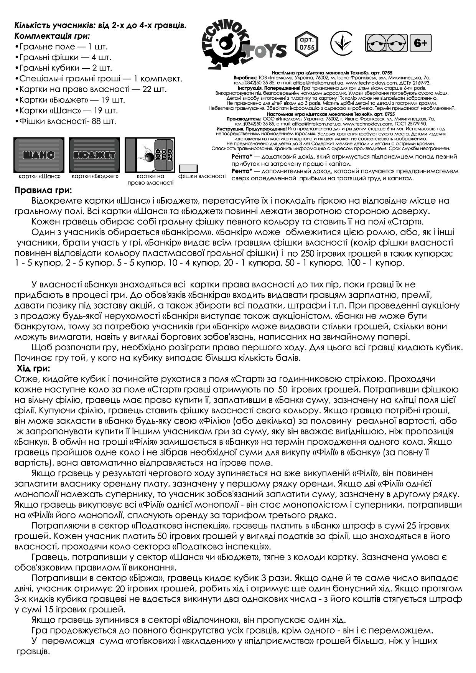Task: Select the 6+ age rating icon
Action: click(x=421, y=43)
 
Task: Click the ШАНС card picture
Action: click(x=39, y=155)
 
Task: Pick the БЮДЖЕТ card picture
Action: click(x=94, y=155)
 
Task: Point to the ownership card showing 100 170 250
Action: click(x=150, y=155)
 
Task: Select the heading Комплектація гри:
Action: click(x=52, y=36)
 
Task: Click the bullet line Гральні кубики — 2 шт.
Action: click(x=64, y=68)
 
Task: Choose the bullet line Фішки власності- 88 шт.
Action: click(x=65, y=122)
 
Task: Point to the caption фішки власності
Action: click(x=202, y=176)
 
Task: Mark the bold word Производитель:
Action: click(x=245, y=119)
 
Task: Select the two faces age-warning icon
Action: click(x=386, y=43)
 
